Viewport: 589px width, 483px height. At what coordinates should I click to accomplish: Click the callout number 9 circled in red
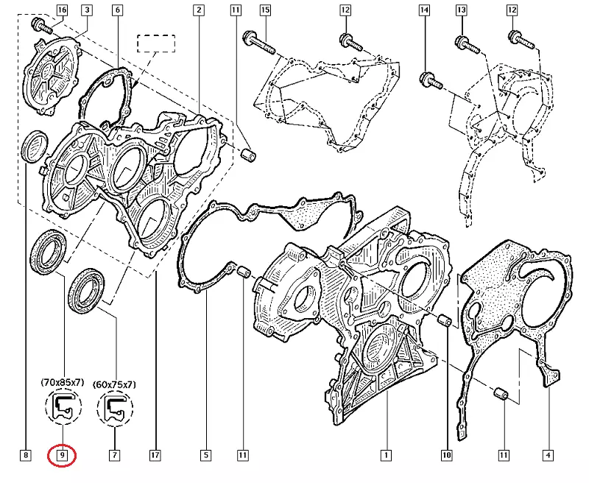click(62, 456)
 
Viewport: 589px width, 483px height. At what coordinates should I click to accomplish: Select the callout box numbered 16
click(62, 10)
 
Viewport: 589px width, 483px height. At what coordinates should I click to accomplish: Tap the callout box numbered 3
click(87, 10)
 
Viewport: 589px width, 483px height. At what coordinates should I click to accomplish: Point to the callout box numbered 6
click(118, 10)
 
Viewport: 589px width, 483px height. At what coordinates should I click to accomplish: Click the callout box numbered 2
click(199, 10)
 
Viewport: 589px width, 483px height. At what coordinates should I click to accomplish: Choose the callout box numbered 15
click(265, 10)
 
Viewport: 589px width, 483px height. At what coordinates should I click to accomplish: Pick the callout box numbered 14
click(424, 10)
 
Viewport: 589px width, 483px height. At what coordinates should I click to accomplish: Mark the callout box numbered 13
click(462, 10)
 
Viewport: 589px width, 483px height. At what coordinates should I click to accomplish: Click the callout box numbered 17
click(155, 456)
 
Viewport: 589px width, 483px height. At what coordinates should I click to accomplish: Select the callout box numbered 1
click(386, 456)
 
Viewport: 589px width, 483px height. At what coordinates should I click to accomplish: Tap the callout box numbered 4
click(548, 456)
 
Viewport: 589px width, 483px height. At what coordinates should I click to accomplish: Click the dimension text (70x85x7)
click(63, 383)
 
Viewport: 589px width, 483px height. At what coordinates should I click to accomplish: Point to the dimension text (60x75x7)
click(115, 384)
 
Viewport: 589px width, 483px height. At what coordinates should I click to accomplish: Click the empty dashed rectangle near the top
click(156, 43)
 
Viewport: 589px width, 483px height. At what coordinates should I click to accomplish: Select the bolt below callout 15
click(259, 43)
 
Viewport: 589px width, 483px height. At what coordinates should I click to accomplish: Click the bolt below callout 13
click(468, 45)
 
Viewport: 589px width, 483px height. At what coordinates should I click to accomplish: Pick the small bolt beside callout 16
click(41, 25)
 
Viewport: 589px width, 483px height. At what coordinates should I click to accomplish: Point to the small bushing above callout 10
click(445, 320)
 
